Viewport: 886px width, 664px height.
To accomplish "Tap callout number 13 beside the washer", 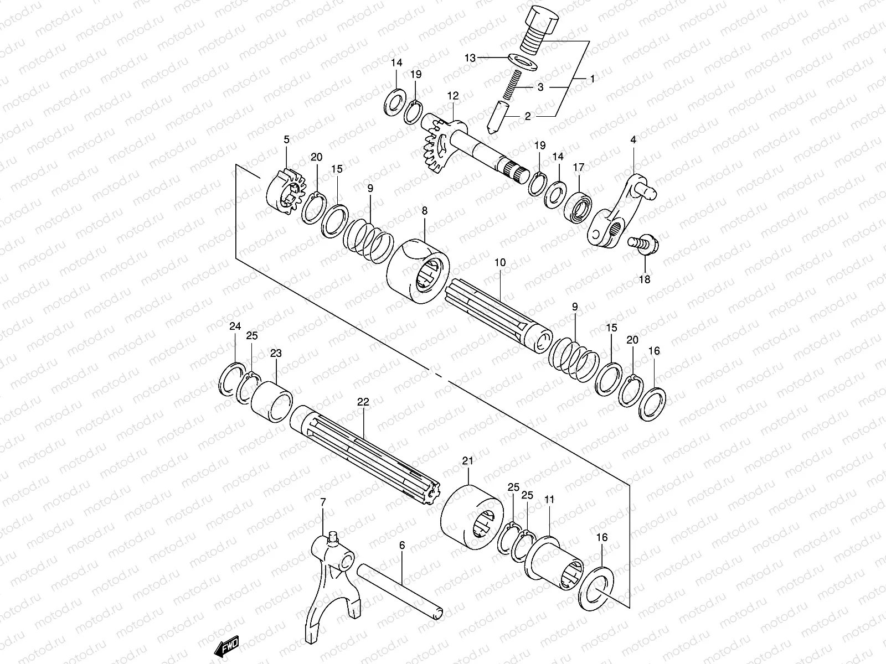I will point(470,58).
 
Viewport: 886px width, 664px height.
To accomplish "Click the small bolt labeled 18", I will point(643,243).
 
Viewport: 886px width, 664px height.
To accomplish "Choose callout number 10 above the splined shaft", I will point(499,263).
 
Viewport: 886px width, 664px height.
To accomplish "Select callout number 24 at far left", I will point(235,326).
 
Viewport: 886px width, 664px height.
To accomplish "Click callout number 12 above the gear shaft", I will point(454,96).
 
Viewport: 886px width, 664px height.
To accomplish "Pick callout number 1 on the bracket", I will point(591,79).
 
